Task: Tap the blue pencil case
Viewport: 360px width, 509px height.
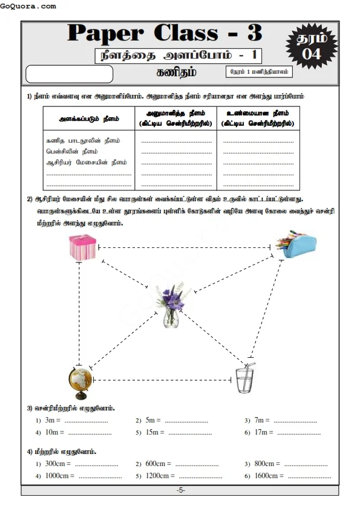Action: coord(296,244)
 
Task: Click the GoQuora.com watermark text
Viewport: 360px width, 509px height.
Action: coord(28,6)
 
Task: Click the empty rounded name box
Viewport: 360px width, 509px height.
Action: coord(70,74)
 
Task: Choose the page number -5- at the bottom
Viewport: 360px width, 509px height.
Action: coord(180,490)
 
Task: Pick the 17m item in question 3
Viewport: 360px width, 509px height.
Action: coord(263,432)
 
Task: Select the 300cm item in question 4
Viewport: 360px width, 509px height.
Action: coord(57,463)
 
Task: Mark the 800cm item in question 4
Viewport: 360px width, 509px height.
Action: coord(264,463)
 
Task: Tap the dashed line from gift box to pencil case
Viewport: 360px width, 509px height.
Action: coord(185,247)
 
